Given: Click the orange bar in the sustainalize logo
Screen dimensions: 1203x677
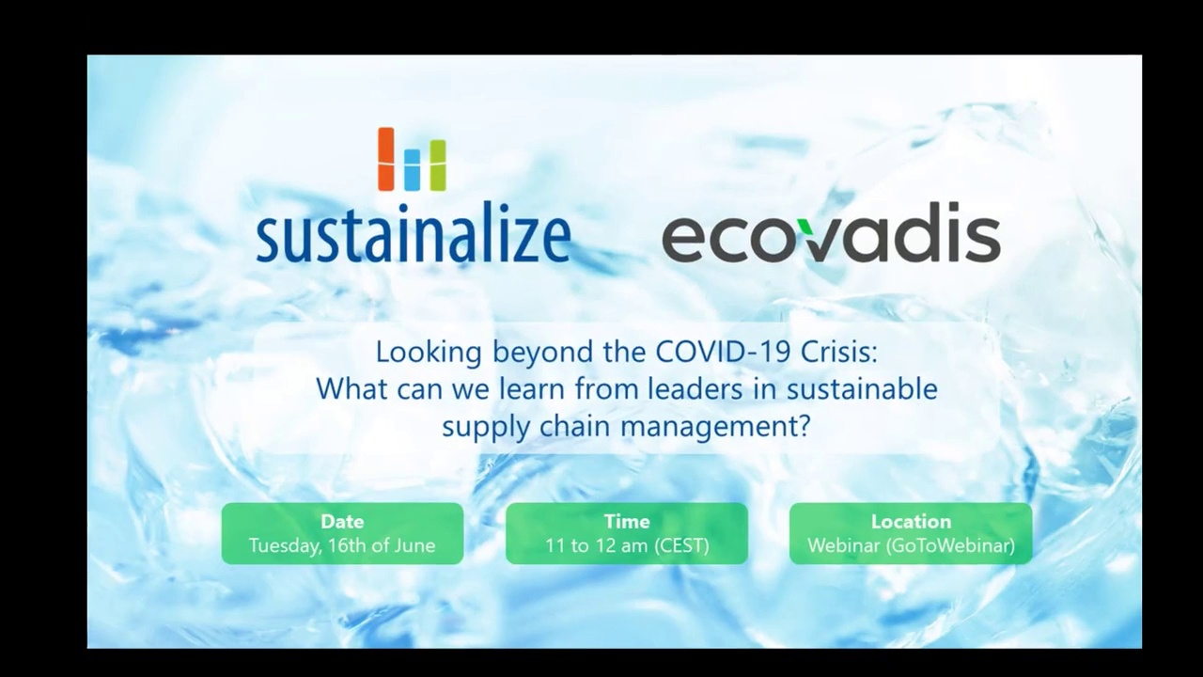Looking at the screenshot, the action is click(385, 159).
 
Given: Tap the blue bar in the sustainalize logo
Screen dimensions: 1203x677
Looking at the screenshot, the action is click(412, 170).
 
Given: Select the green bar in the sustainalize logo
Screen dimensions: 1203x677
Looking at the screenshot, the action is click(438, 165).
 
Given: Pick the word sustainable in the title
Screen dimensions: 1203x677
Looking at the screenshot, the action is click(862, 389).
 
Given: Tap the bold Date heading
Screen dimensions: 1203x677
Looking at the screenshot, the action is click(342, 521).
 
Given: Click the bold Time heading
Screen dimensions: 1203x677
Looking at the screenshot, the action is click(627, 521).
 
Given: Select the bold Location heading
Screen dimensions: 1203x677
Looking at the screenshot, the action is click(911, 521).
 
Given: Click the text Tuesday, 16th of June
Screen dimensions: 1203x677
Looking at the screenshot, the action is click(342, 546).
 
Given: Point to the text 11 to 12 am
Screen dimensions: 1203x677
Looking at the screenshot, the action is click(596, 546).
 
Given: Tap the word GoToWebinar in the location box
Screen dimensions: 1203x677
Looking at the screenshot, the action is click(950, 546).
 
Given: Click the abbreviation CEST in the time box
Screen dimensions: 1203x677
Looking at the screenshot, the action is click(681, 546).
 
